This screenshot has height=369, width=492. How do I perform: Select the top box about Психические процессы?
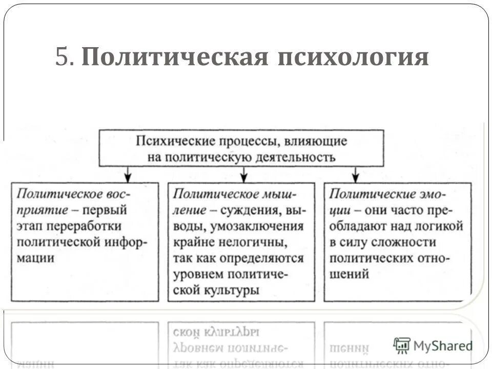pos(241,148)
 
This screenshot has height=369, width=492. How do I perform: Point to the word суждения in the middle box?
pos(249,210)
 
